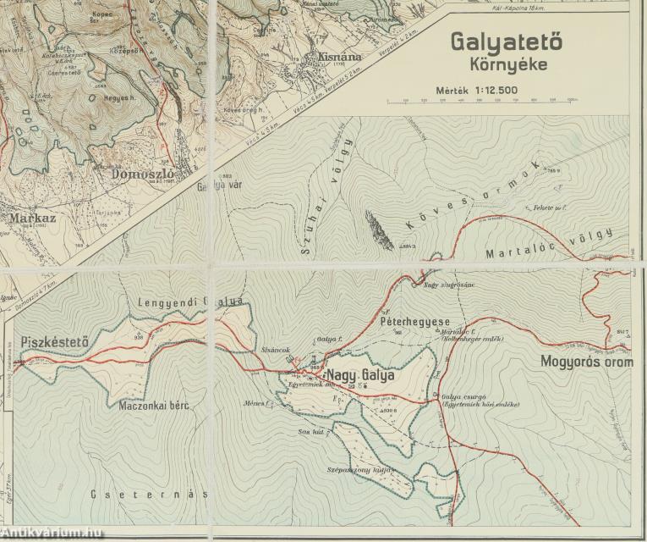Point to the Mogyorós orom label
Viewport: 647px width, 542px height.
(586, 362)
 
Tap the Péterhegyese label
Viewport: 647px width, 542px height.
(414, 323)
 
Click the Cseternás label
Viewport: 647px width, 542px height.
(151, 494)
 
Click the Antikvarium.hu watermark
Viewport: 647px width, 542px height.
(52, 532)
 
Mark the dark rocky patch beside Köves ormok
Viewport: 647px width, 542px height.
(380, 230)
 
